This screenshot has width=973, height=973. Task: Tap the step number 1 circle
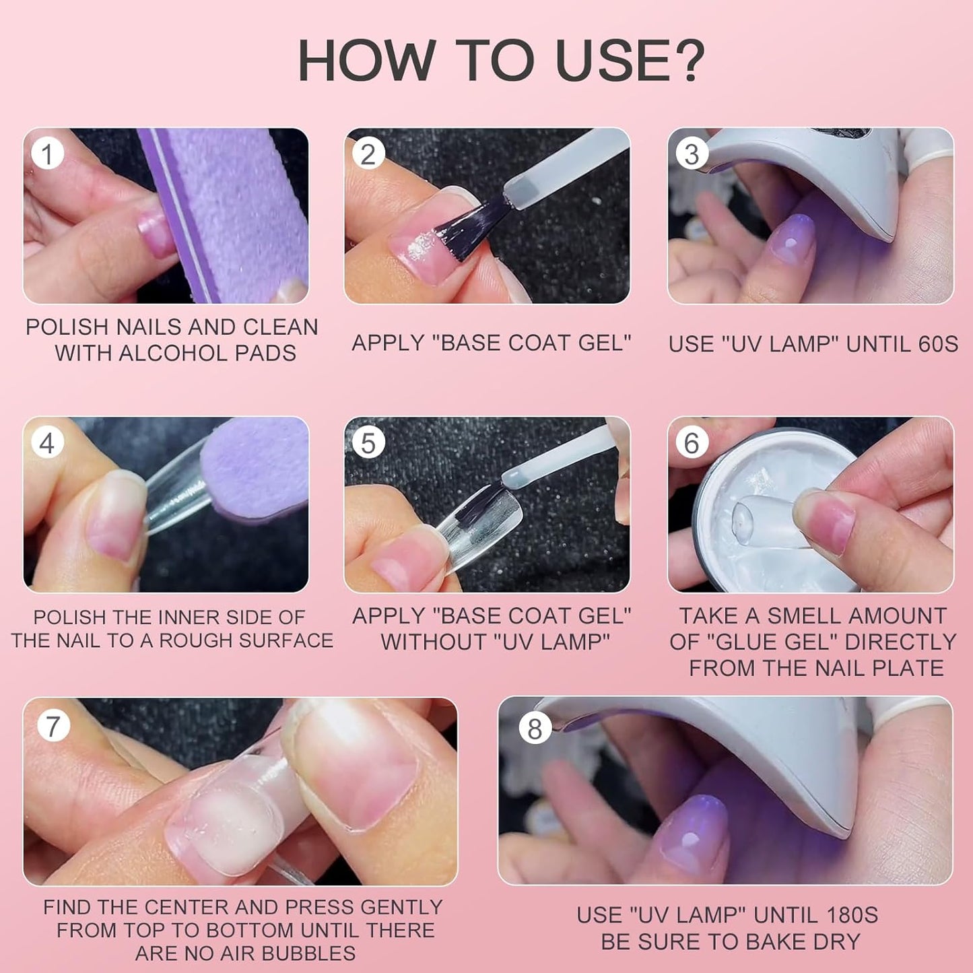pyautogui.click(x=47, y=154)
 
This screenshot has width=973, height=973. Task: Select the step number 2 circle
pyautogui.click(x=368, y=154)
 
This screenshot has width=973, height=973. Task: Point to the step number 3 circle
pyautogui.click(x=692, y=154)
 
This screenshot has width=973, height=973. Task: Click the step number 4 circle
pyautogui.click(x=47, y=443)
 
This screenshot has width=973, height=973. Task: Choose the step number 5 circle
pyautogui.click(x=368, y=443)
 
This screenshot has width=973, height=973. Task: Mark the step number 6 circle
pyautogui.click(x=692, y=443)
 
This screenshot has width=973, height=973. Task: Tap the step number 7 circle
pyautogui.click(x=53, y=727)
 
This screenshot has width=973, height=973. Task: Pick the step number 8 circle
pyautogui.click(x=535, y=729)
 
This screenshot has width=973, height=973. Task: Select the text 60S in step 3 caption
pyautogui.click(x=938, y=344)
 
